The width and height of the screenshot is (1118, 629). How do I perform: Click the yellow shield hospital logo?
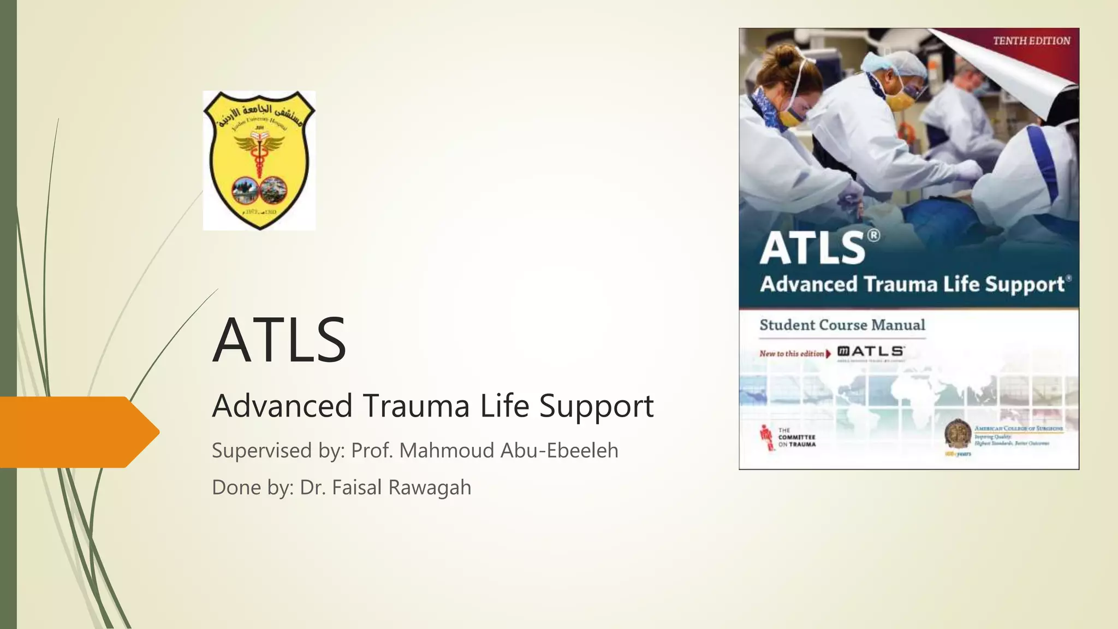pos(259,161)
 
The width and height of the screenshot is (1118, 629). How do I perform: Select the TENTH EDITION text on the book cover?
pos(1031,41)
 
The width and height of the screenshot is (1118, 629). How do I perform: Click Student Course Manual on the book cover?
pos(842,325)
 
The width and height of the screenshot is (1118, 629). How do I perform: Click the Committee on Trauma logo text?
pos(796,437)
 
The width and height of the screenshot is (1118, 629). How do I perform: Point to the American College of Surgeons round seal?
pos(958,434)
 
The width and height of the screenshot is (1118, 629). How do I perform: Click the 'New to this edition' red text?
pos(792,354)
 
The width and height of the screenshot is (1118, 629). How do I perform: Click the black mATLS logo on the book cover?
pos(871,352)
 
